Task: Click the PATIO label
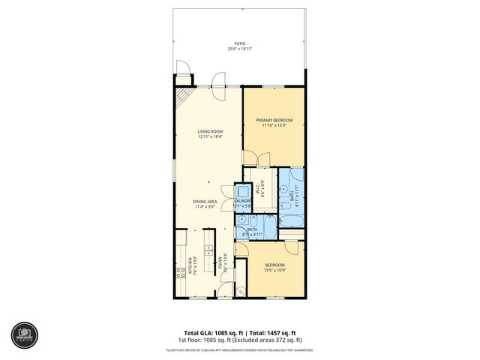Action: (x=239, y=43)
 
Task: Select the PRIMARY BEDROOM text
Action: (x=274, y=120)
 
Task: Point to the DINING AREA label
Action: (x=205, y=201)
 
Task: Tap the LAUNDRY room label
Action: (x=242, y=201)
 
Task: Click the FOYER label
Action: (x=220, y=262)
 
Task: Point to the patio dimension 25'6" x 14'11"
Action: (x=239, y=49)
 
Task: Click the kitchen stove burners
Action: (x=180, y=273)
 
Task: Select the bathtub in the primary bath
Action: (x=292, y=220)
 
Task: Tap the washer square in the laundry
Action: (x=242, y=190)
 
